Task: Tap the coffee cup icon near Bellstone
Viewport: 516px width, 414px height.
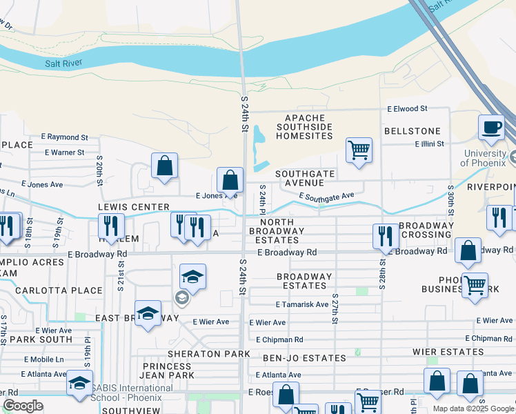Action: coord(491,128)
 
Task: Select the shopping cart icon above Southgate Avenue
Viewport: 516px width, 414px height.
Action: coord(359,150)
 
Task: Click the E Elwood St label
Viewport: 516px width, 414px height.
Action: coord(407,109)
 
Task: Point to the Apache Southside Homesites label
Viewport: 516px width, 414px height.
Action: coord(304,127)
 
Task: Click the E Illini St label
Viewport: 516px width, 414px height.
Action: coord(430,144)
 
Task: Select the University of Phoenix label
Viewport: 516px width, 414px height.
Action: coord(490,158)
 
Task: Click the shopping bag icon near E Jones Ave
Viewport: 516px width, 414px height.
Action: coord(230,181)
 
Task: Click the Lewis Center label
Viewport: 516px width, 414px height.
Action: coord(134,207)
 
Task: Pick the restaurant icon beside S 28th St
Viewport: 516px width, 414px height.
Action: coord(385,237)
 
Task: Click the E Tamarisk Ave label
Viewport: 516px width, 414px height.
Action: coord(301,304)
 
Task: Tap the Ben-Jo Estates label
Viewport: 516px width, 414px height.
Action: coord(304,359)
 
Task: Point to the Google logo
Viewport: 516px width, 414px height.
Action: coord(23,406)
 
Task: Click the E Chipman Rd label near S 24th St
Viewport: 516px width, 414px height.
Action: coord(279,339)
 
